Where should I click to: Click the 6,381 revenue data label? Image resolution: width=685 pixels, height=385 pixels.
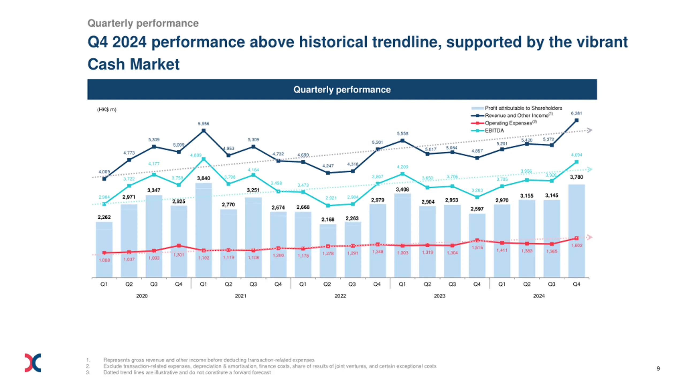coord(576,113)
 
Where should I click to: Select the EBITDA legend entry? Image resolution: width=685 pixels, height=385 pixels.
coord(494,131)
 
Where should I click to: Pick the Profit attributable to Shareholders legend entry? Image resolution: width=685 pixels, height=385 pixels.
coord(523,108)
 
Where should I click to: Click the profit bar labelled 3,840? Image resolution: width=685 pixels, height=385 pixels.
coord(203,230)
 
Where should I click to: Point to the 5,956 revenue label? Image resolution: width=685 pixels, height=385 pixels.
coord(203,124)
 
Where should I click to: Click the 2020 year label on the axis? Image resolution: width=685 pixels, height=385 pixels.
coord(142,296)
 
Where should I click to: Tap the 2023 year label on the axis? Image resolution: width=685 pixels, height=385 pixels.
coord(439,296)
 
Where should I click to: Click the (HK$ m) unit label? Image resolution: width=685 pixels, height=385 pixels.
coord(106,110)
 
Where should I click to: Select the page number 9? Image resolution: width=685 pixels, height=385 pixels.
coord(658,369)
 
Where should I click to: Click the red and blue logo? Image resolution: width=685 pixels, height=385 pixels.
coord(33,363)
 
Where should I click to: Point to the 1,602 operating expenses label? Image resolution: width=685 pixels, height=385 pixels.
coord(577,245)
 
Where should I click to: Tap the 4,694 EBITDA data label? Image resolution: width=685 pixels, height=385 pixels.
coord(576,155)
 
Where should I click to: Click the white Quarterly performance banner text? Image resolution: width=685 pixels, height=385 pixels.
coord(342,90)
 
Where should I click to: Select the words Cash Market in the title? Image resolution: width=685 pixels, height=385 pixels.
coord(134,64)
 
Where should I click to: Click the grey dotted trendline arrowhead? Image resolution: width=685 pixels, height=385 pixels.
coord(589,130)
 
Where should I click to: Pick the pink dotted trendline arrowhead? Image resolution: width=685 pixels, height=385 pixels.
coord(589,237)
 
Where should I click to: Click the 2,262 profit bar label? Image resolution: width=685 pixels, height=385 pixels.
coord(104,217)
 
